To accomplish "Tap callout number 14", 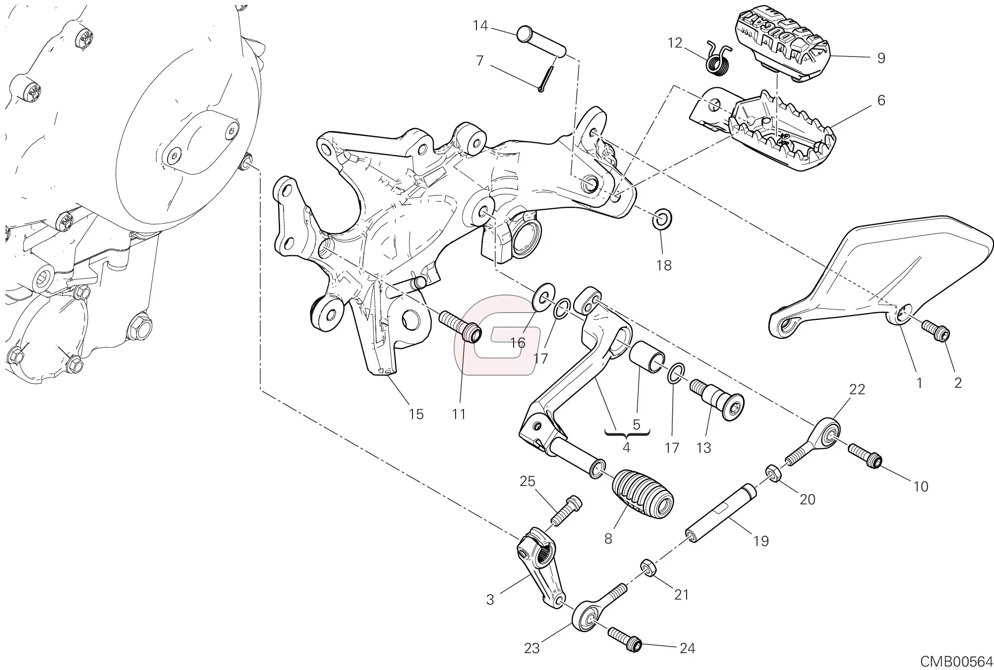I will tap(480, 25).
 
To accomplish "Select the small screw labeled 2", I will tap(936, 331).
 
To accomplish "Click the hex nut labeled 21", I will tap(647, 565).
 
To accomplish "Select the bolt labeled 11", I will tap(460, 325).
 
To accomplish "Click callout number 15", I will tap(416, 414).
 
